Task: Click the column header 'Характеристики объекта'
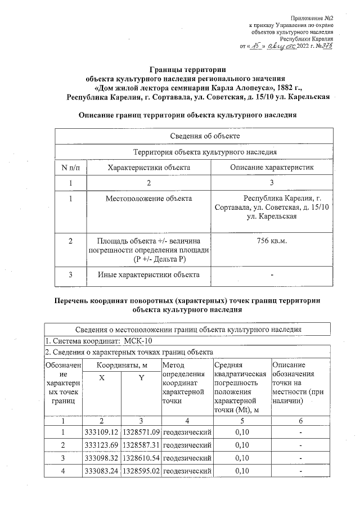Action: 148,167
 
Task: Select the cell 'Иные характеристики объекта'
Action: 148,275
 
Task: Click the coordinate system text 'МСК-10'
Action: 136,341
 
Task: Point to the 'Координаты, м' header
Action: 121,365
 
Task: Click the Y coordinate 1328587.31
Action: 141,445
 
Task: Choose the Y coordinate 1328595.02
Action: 141,471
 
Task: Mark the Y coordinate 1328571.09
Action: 141,432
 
